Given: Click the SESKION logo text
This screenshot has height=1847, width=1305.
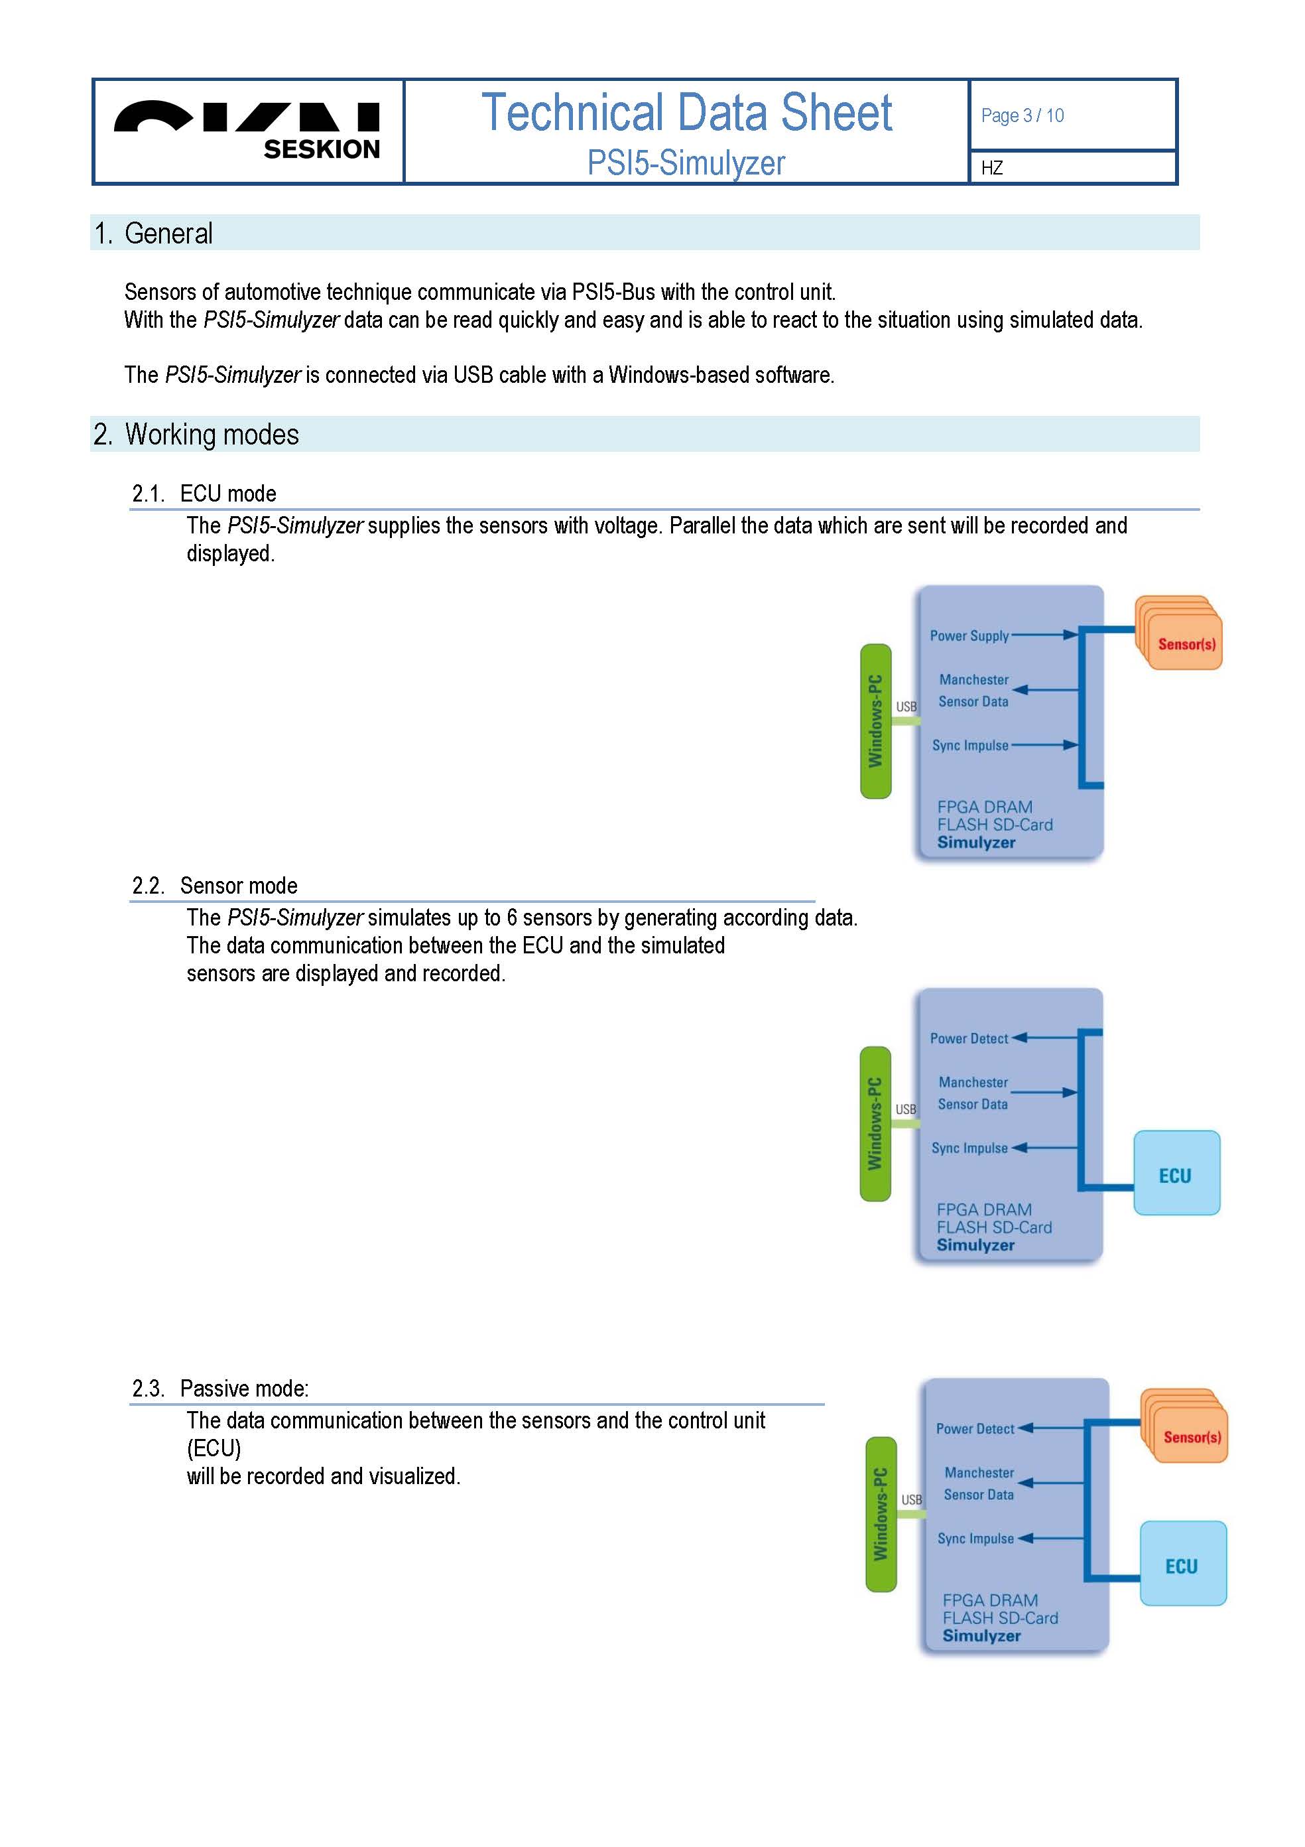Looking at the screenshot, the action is tap(322, 150).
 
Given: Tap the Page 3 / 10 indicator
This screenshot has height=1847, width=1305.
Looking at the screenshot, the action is tap(1022, 116).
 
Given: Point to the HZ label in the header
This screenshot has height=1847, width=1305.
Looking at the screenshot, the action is tap(991, 168).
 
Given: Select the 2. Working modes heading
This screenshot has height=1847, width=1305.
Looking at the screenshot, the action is tap(196, 435).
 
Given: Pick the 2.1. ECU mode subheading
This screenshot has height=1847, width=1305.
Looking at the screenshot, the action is tap(204, 493).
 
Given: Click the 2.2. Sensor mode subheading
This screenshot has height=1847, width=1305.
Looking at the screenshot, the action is tap(215, 886).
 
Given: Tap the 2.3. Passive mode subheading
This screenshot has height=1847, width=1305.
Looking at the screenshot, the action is tap(220, 1389).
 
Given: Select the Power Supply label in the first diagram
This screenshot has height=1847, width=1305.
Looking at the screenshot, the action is tap(969, 636).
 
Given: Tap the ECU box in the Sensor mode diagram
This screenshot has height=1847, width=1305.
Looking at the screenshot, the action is tap(1176, 1173).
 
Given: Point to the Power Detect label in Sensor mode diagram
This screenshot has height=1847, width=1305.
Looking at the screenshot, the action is tap(968, 1038).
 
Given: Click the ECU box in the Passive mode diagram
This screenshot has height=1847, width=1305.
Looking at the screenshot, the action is tap(1183, 1563).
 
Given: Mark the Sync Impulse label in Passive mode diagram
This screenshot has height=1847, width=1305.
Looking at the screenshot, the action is tap(975, 1539).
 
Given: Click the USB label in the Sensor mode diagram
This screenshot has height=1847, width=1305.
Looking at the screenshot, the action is tap(905, 1109).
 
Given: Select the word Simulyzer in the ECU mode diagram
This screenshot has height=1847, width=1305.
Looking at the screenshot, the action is tap(976, 843).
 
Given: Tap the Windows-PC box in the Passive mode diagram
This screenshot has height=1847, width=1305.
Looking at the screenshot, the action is tap(881, 1515).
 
